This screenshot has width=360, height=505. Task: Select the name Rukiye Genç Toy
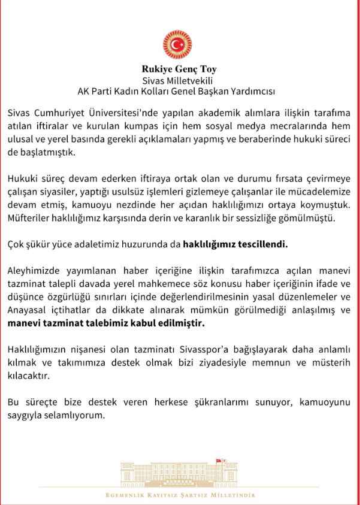point(178,69)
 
